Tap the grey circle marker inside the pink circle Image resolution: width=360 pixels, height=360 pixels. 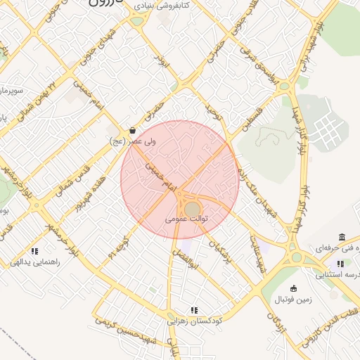(192, 209)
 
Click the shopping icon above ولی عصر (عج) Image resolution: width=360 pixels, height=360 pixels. (133, 131)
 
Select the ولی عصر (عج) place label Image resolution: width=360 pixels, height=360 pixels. (134, 142)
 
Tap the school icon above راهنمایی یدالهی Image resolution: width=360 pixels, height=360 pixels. (34, 251)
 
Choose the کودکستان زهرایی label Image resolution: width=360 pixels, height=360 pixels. (195, 320)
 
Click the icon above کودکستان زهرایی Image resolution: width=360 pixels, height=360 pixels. (195, 309)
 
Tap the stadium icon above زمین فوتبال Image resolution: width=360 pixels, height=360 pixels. (294, 288)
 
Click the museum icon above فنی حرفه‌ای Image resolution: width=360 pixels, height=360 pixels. (342, 237)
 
